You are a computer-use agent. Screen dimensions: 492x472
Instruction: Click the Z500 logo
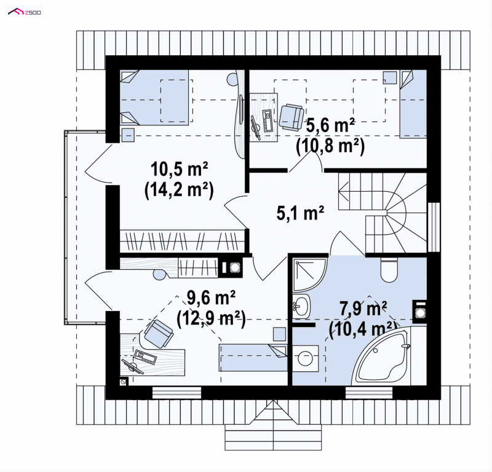(x=25, y=12)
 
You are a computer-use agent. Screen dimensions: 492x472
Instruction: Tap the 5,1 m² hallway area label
(x=300, y=214)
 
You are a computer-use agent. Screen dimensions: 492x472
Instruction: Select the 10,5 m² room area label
(x=179, y=170)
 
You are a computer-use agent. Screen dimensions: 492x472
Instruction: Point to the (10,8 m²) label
(x=330, y=146)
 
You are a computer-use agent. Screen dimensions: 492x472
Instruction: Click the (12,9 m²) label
(x=211, y=319)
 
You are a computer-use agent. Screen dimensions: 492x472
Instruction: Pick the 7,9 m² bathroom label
(x=363, y=309)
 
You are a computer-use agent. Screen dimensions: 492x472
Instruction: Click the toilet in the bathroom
(x=389, y=269)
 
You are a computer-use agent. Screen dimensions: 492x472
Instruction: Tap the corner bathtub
(x=383, y=357)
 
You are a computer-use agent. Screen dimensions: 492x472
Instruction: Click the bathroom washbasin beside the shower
(x=302, y=306)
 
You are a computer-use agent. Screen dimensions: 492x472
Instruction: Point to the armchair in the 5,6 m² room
(x=292, y=117)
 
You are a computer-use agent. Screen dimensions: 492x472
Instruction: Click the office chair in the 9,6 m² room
(x=159, y=333)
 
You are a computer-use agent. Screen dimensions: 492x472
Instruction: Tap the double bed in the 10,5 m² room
(x=154, y=98)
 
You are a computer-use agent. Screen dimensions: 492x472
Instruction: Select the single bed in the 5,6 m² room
(x=413, y=104)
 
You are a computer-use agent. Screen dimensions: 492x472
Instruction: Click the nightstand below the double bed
(x=128, y=135)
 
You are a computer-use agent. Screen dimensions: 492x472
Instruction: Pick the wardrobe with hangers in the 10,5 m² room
(x=182, y=241)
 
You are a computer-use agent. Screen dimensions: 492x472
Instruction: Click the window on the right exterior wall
(x=434, y=227)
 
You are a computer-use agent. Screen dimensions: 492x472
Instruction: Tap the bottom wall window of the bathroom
(x=369, y=393)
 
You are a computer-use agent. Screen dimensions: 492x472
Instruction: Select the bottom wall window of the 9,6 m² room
(x=177, y=393)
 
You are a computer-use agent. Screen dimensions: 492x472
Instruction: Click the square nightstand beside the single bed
(x=390, y=77)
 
